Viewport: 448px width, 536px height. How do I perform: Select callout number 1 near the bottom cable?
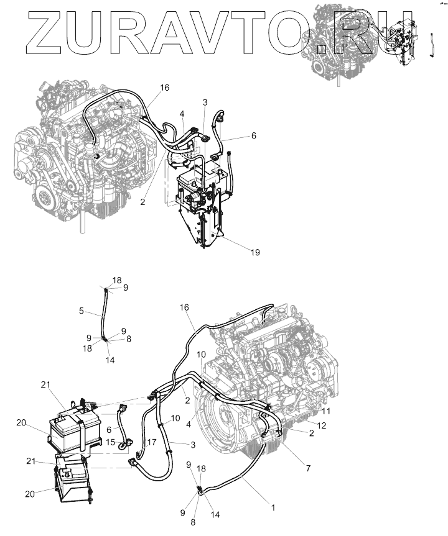[x=271, y=507]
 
